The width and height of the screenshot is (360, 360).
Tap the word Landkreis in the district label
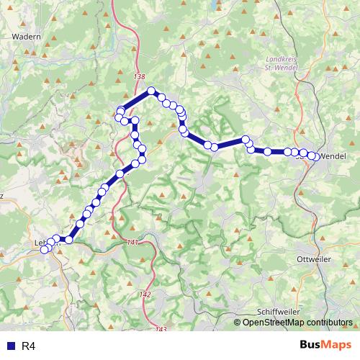tap(282, 60)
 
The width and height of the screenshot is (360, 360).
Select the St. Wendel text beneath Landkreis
tap(282, 68)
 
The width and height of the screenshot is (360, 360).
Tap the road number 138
tap(140, 77)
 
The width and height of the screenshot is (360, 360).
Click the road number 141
tap(131, 243)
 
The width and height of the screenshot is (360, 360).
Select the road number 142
tap(146, 295)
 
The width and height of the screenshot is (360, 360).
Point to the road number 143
tap(160, 329)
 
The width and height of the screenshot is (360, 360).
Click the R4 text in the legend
tap(28, 346)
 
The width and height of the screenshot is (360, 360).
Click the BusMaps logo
tap(325, 346)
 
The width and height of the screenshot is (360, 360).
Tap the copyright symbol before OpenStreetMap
tap(238, 323)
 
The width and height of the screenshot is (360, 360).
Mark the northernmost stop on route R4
tap(152, 91)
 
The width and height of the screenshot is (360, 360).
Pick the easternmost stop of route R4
tap(314, 156)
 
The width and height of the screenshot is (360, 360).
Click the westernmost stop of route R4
tap(44, 250)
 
